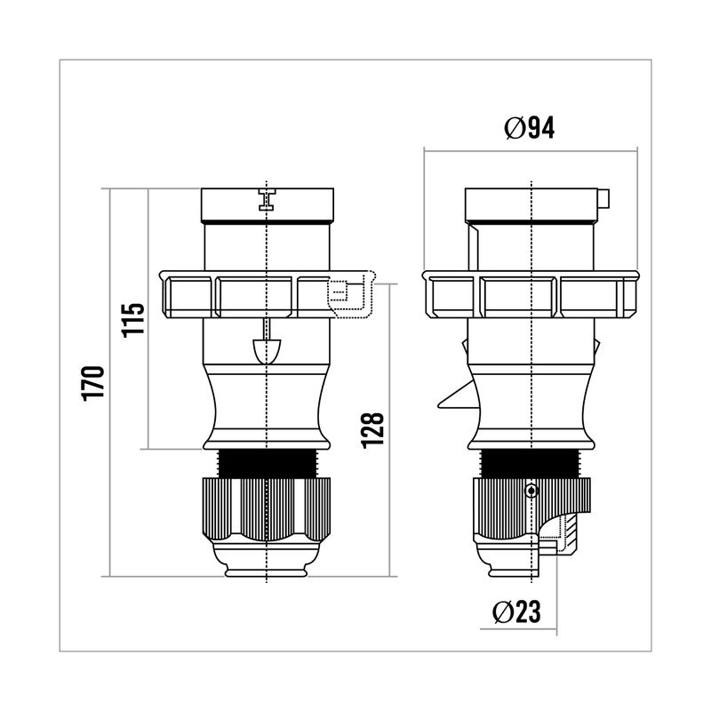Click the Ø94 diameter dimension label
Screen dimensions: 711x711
[529, 128]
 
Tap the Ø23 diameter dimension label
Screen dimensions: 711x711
[516, 611]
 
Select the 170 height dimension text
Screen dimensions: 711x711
[94, 383]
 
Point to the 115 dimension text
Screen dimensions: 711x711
[133, 320]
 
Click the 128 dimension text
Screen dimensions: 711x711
[372, 431]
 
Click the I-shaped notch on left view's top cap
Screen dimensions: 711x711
[268, 199]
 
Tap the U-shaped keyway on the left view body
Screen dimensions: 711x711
[267, 351]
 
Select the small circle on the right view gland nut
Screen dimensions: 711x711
[531, 491]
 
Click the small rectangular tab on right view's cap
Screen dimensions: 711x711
[603, 198]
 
